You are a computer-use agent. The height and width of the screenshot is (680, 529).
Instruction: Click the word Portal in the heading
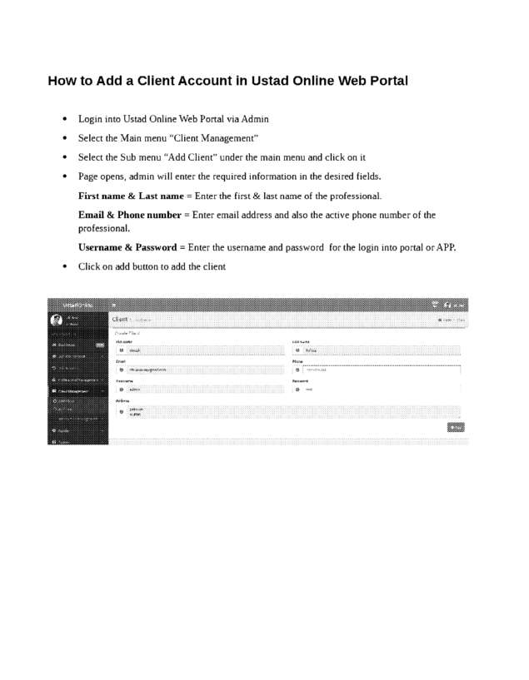click(x=386, y=82)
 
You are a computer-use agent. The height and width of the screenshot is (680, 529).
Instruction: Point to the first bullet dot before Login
click(x=64, y=119)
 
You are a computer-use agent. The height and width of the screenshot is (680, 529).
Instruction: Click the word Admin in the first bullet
click(x=254, y=119)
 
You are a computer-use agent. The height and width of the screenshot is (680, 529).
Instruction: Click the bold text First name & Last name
click(x=131, y=196)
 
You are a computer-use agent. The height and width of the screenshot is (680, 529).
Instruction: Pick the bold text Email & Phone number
click(x=129, y=216)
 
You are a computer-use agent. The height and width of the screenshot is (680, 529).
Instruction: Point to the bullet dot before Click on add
click(x=64, y=266)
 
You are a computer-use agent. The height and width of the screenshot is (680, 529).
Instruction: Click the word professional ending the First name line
click(x=352, y=196)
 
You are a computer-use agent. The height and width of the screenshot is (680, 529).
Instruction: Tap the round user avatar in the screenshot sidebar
click(x=56, y=320)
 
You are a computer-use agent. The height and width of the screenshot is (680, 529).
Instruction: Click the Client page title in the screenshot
click(x=120, y=319)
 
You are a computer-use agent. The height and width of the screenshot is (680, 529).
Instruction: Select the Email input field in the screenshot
click(x=200, y=370)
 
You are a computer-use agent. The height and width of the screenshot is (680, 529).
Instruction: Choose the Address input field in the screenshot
click(x=287, y=412)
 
